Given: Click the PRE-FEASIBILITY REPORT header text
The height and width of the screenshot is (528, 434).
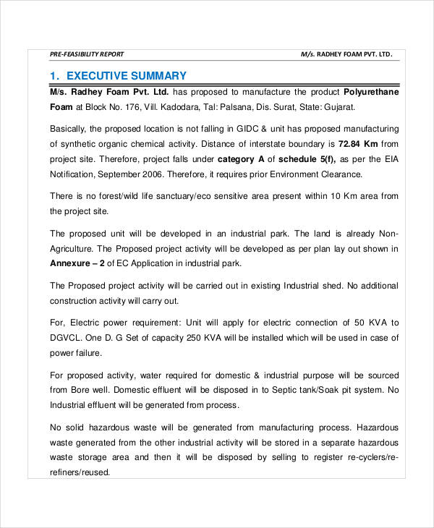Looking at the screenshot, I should (x=87, y=54).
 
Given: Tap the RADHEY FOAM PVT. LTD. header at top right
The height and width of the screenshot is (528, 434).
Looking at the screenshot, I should (x=346, y=54).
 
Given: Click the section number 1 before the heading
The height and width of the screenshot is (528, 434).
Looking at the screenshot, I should (x=54, y=76).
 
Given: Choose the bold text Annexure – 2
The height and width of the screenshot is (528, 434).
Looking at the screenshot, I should (x=77, y=263).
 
